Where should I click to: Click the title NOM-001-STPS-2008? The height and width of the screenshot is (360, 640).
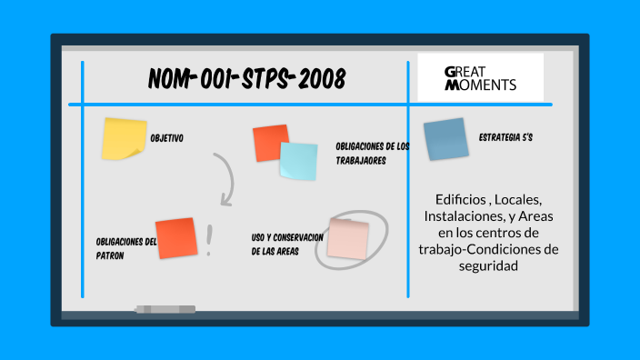point(246,80)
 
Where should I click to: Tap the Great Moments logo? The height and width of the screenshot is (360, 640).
point(480,77)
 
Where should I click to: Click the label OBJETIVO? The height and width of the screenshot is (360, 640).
point(166,138)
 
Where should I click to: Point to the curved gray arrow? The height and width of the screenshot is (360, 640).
point(226,178)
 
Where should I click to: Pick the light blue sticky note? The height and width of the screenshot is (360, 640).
point(298,161)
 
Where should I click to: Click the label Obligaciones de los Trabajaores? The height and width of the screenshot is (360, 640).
point(372,153)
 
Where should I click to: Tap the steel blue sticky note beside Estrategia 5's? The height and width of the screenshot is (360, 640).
point(445,139)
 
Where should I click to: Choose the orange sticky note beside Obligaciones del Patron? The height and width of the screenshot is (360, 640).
point(176,238)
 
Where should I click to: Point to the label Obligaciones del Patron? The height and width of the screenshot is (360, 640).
point(125,248)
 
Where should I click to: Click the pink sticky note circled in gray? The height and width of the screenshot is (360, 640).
point(348,238)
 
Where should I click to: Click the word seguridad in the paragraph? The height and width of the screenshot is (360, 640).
point(489,266)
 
